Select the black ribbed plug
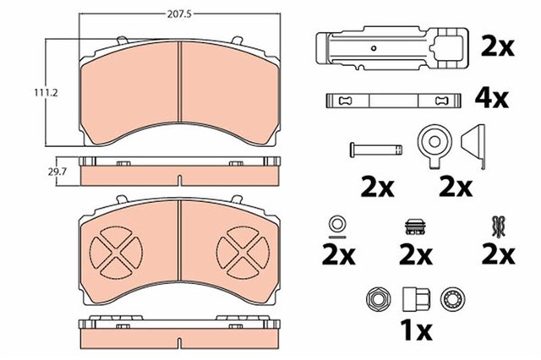[414, 226]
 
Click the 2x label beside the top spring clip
[496, 46]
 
